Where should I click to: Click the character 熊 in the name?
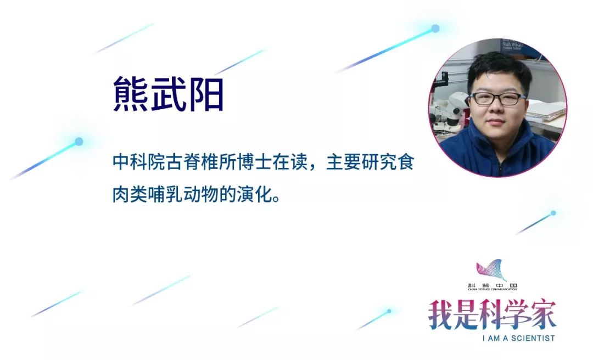coord(130,93)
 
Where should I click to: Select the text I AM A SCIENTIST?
coord(518,338)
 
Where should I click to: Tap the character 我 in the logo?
coord(440,314)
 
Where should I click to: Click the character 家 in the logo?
coord(544,314)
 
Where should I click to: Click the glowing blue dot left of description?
coord(79,142)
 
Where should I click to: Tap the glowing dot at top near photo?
coord(435,29)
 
